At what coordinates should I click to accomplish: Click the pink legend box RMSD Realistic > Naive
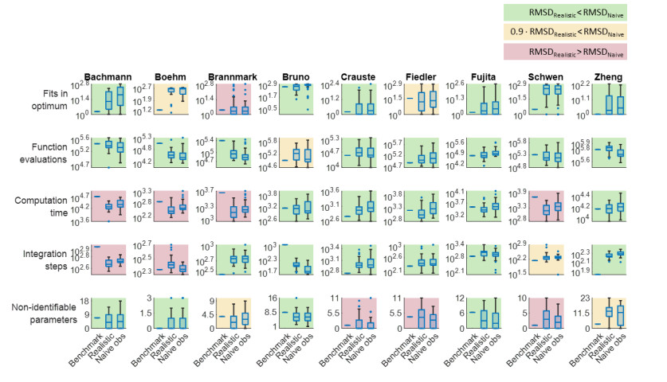pyautogui.click(x=565, y=52)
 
